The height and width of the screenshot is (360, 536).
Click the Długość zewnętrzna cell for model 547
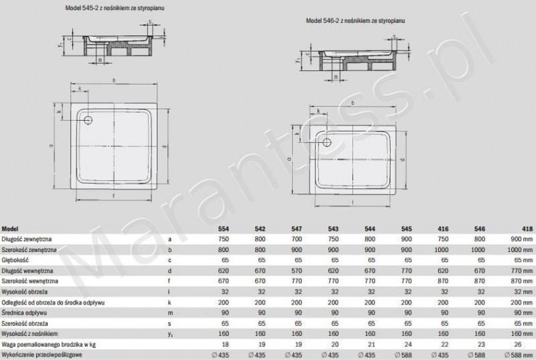pos(296,239)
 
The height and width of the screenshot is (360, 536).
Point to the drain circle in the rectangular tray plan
pos(326,141)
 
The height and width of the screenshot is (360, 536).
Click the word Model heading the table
pos(11,228)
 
